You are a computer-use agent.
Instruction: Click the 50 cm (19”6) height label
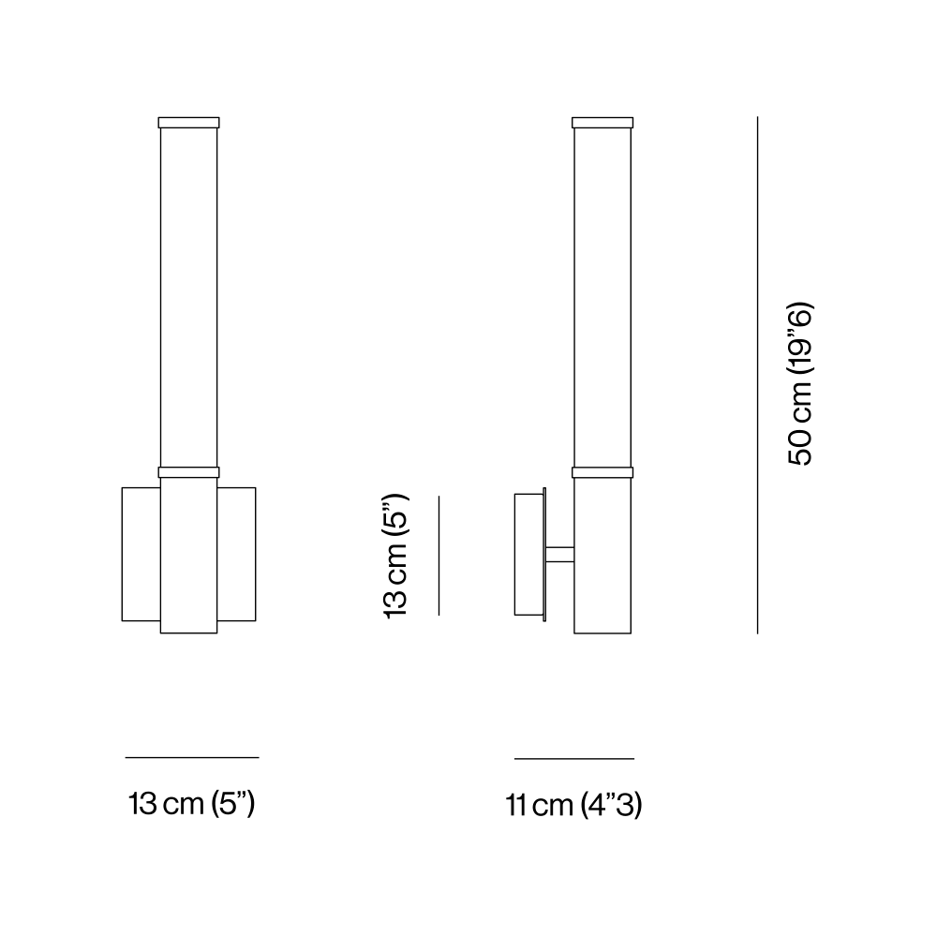801,384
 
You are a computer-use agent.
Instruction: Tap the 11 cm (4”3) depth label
573,805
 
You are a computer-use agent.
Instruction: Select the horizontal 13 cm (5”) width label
192,804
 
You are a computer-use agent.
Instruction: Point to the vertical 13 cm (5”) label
395,557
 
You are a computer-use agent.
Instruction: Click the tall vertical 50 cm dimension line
757,375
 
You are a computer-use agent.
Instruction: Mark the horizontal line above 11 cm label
574,759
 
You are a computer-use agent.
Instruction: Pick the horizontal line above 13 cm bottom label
192,758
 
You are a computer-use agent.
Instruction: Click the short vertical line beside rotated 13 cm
439,556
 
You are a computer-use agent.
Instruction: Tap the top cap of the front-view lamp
189,123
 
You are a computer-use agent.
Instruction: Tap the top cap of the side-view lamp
602,123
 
